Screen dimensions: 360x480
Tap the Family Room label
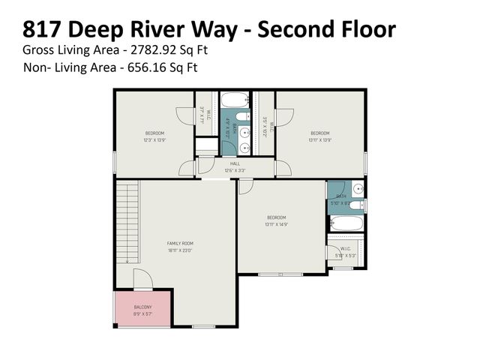pos(180,243)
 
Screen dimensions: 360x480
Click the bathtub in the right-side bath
pos(346,223)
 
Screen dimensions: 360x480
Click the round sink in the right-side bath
pos(358,188)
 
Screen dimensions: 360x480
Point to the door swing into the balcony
pos(142,280)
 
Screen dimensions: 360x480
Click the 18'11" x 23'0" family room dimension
pos(180,250)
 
